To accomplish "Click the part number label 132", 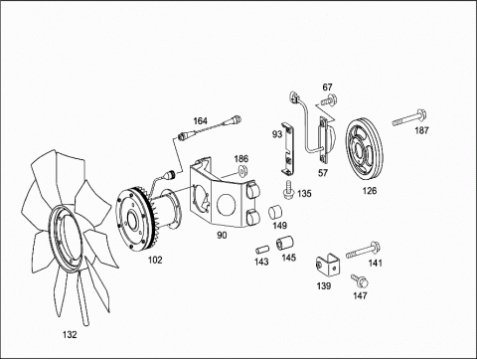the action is pyautogui.click(x=70, y=335).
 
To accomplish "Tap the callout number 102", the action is pyautogui.click(x=155, y=260).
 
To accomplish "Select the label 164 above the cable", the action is pyautogui.click(x=200, y=121).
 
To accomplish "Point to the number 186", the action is pyautogui.click(x=241, y=159).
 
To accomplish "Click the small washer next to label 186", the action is pyautogui.click(x=242, y=171).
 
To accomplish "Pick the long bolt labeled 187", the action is pyautogui.click(x=409, y=117).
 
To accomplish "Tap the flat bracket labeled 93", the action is pyautogui.click(x=289, y=148).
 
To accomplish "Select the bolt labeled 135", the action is pyautogui.click(x=288, y=189).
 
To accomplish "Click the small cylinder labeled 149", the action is pyautogui.click(x=275, y=212).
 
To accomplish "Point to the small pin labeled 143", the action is pyautogui.click(x=262, y=250).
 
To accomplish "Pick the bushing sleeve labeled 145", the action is pyautogui.click(x=285, y=243).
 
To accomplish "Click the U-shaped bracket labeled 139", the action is pyautogui.click(x=328, y=266).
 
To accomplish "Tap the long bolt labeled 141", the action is pyautogui.click(x=363, y=250).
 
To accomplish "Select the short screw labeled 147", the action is pyautogui.click(x=360, y=281).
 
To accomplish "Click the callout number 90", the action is pyautogui.click(x=222, y=235).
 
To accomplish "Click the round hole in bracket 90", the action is pyautogui.click(x=227, y=205).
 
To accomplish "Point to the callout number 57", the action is pyautogui.click(x=322, y=173).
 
